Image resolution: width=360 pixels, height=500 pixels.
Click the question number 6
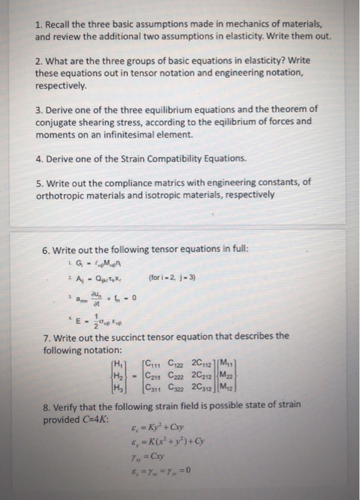pyautogui.click(x=46, y=251)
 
